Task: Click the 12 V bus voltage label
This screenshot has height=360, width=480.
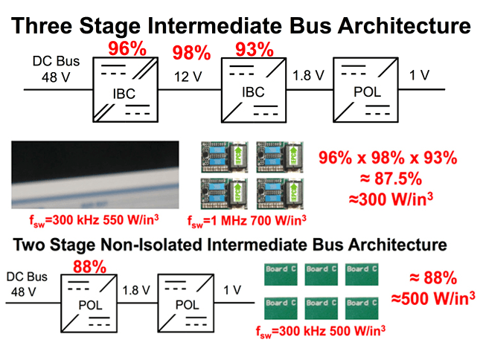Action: tap(188, 77)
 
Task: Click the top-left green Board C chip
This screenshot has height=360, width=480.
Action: tap(278, 270)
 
